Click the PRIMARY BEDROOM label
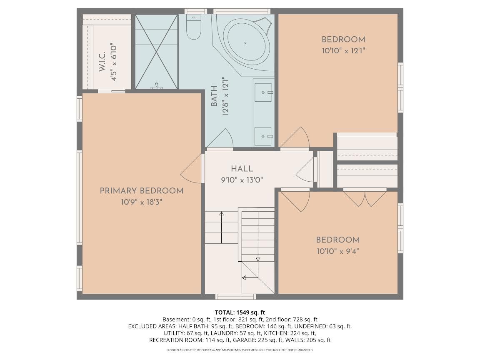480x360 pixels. click(x=142, y=191)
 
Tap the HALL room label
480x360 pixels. click(x=242, y=169)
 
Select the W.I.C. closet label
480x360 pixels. click(x=102, y=62)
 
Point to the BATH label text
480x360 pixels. click(x=214, y=96)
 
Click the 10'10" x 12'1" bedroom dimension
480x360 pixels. click(x=343, y=50)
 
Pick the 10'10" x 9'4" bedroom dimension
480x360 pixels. click(x=338, y=251)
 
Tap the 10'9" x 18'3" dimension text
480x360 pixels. click(x=141, y=202)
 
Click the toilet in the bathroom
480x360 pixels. click(x=193, y=27)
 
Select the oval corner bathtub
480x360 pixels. click(x=246, y=42)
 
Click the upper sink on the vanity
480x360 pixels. click(x=263, y=92)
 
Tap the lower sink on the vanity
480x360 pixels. click(x=263, y=136)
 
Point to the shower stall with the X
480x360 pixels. click(x=156, y=52)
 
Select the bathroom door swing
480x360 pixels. click(x=220, y=139)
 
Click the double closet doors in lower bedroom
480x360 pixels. click(x=365, y=198)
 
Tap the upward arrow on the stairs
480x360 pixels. click(x=221, y=227)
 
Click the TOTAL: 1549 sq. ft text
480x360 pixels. click(x=240, y=312)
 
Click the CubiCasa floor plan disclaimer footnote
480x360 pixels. click(x=240, y=350)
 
